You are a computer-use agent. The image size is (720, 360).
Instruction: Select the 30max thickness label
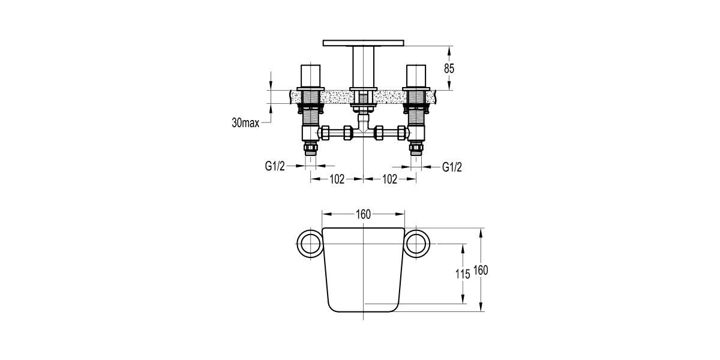coord(245,123)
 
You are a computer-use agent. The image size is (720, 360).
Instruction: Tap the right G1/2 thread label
coord(452,167)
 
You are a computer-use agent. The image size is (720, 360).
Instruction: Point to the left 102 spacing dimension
coord(337,179)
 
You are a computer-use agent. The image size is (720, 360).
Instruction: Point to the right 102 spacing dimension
coord(390,179)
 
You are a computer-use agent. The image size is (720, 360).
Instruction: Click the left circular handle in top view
coord(310,244)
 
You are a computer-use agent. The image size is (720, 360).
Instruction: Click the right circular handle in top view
coord(417,244)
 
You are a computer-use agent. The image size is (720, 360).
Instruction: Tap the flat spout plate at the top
coord(364,43)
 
